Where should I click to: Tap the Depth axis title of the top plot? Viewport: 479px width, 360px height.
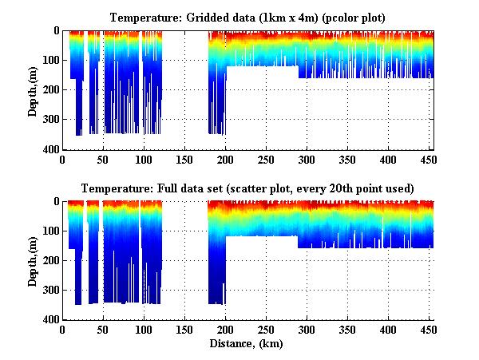33,90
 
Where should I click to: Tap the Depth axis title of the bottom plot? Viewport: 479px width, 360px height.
33,261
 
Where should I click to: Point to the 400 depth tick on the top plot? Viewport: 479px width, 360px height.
50,150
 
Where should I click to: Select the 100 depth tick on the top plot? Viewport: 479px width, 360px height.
50,61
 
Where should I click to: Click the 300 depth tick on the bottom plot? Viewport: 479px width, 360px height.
50,290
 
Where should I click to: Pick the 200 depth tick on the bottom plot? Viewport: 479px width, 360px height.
50,260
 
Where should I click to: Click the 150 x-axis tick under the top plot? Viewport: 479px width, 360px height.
185,160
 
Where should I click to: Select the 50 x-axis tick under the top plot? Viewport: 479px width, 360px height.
104,160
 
